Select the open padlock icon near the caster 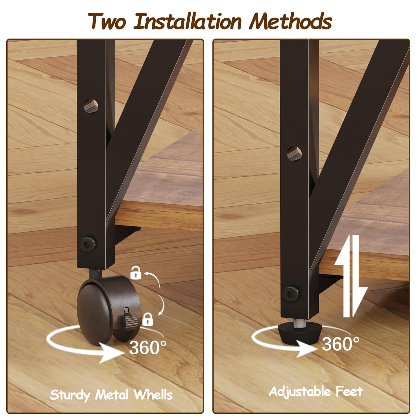point(136,273)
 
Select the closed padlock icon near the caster point(148,320)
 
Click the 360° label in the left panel point(148,347)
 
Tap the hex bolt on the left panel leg point(88,244)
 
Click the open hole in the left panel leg point(91,106)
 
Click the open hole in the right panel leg point(294,154)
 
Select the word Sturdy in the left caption point(70,395)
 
